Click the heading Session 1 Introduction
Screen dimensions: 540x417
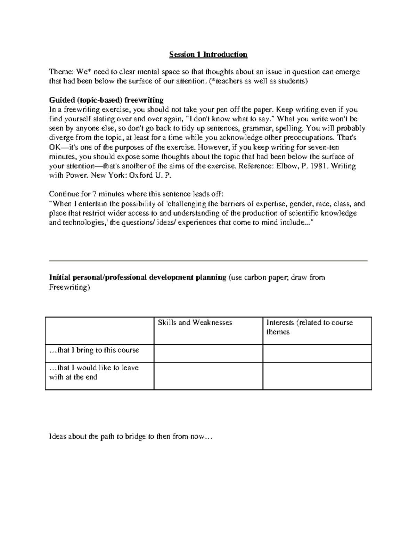tap(208, 55)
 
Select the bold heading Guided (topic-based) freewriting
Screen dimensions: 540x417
tap(106, 100)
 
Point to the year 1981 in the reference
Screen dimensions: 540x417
tap(318, 166)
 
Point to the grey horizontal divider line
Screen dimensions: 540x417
tap(208, 260)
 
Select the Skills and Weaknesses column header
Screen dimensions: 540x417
tap(195, 323)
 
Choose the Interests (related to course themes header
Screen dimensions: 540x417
tap(309, 327)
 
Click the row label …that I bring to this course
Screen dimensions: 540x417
tap(94, 350)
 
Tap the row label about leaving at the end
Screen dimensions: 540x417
tap(94, 372)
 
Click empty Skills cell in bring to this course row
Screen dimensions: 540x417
tap(208, 354)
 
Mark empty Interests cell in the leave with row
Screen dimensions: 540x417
tap(317, 376)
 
